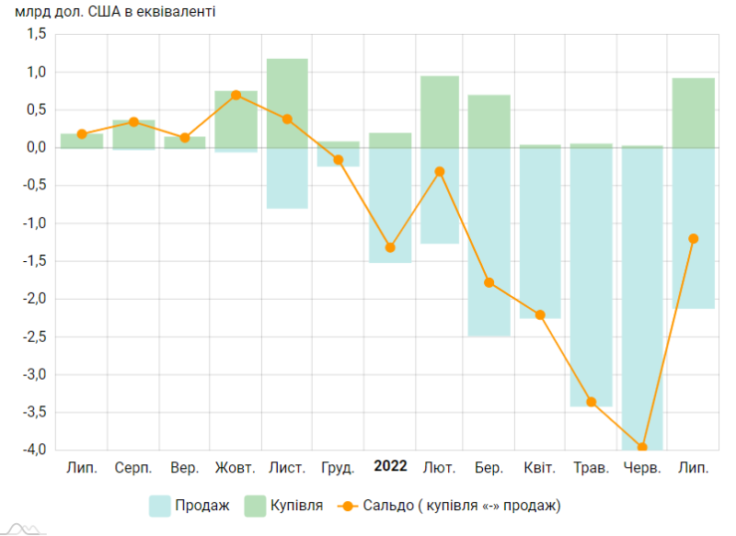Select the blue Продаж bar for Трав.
[x=592, y=276]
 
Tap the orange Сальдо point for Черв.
[x=642, y=448]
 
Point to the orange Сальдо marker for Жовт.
[x=236, y=95]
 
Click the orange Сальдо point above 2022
[x=390, y=247]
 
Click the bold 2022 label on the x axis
[x=390, y=466]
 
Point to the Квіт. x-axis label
[x=540, y=468]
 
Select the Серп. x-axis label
[x=133, y=468]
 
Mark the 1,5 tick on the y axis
[x=36, y=34]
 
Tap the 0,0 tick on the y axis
[x=36, y=147]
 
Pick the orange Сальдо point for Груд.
[x=338, y=160]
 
